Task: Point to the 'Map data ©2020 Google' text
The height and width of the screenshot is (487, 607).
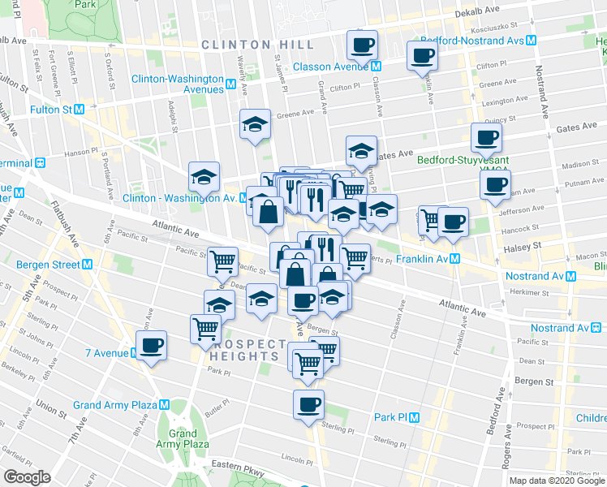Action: (x=557, y=481)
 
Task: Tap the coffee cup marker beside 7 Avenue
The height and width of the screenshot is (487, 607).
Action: (x=151, y=345)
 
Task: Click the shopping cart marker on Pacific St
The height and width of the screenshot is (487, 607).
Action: (x=222, y=261)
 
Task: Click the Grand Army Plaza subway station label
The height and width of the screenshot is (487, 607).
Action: (x=120, y=405)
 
